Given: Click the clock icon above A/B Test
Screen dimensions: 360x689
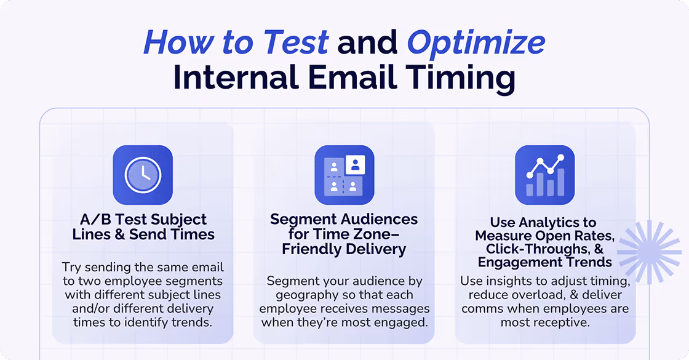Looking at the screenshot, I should pyautogui.click(x=143, y=175).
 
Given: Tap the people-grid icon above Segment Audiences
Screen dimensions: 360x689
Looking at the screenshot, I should pyautogui.click(x=344, y=175).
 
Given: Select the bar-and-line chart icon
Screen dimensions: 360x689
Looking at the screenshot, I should pyautogui.click(x=544, y=175).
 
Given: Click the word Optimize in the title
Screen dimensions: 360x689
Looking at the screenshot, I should pyautogui.click(x=476, y=42).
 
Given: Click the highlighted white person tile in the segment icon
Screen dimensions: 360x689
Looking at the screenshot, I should pyautogui.click(x=354, y=164).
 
